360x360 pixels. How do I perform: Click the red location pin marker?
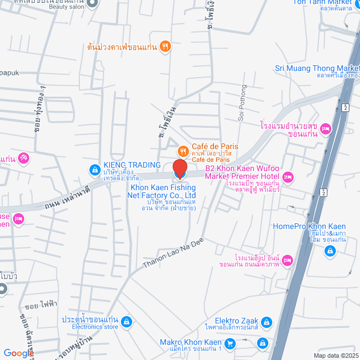click(x=179, y=168)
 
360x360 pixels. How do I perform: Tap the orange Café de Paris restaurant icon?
click(x=183, y=151)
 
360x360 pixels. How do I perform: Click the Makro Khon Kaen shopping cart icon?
click(x=229, y=343)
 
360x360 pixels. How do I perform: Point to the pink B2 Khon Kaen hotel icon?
click(x=288, y=177)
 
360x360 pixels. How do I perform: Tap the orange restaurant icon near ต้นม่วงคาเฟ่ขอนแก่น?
click(x=164, y=47)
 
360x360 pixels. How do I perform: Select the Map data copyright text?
click(x=336, y=355)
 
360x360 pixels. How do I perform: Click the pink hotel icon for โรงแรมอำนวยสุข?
click(x=325, y=130)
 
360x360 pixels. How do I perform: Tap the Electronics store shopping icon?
click(x=127, y=321)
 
